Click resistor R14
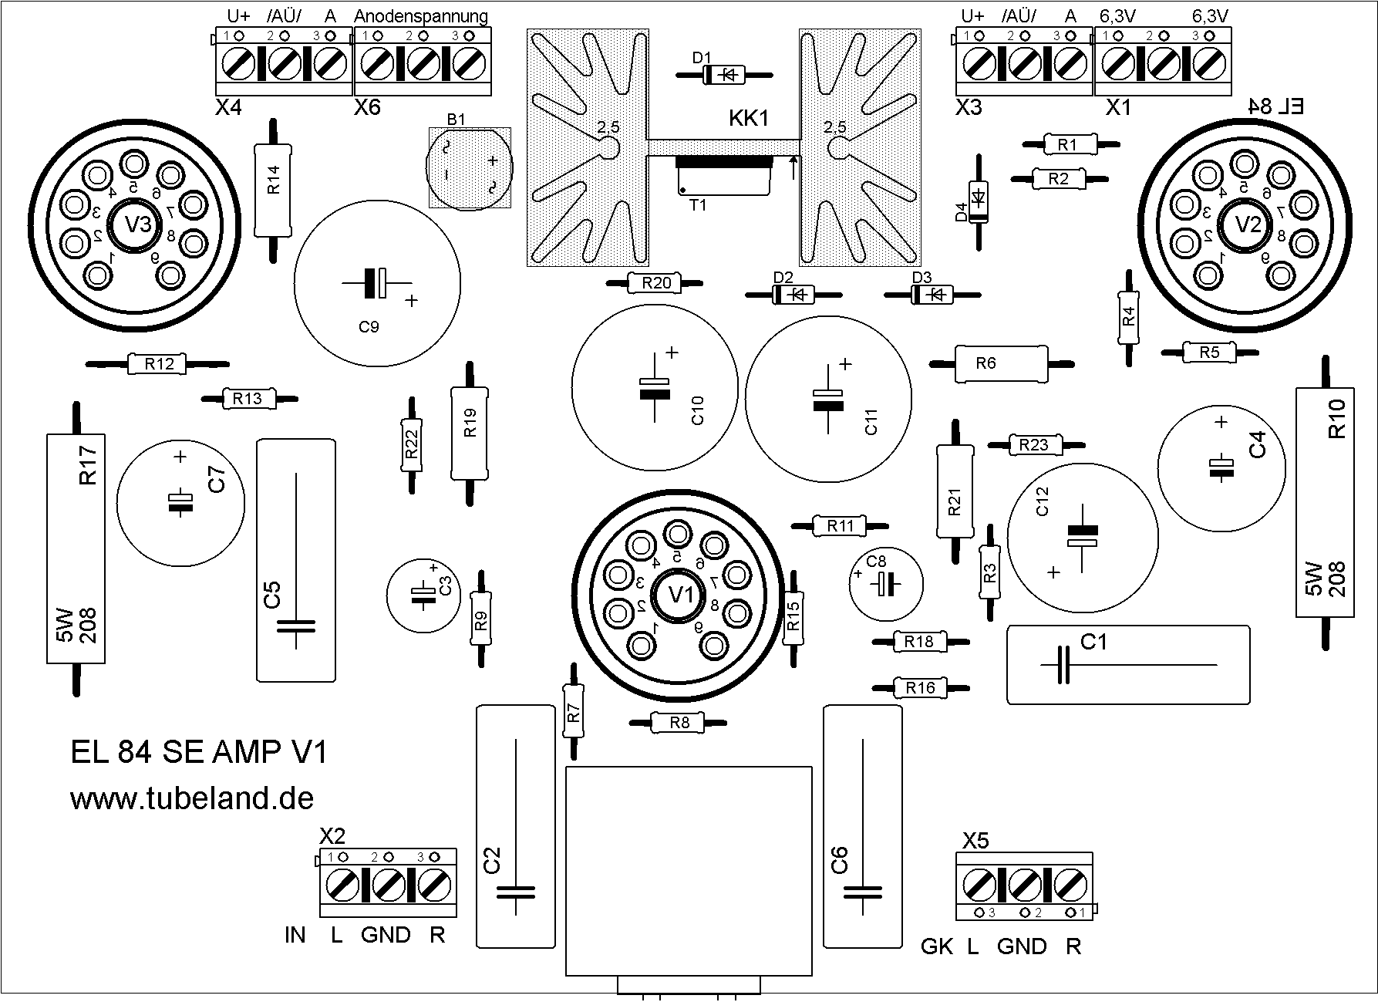click(x=273, y=190)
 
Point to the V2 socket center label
click(x=1248, y=224)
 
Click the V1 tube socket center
click(x=679, y=595)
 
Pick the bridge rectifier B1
click(x=470, y=168)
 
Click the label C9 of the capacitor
click(x=369, y=327)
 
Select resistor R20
click(x=656, y=284)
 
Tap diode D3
click(x=932, y=295)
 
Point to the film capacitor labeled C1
click(x=1127, y=664)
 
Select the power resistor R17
click(x=76, y=548)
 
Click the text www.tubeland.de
click(x=192, y=798)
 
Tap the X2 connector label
click(x=332, y=836)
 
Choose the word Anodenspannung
click(x=421, y=16)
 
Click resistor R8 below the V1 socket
click(x=679, y=723)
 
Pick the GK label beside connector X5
click(x=937, y=946)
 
